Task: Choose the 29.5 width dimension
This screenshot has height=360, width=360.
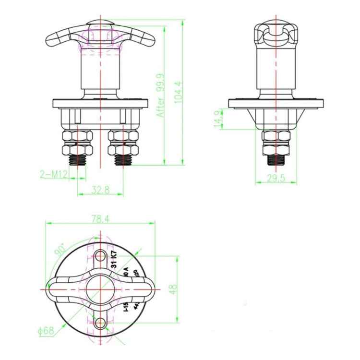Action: [276, 179]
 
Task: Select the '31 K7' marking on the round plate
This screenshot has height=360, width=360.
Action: [114, 258]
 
